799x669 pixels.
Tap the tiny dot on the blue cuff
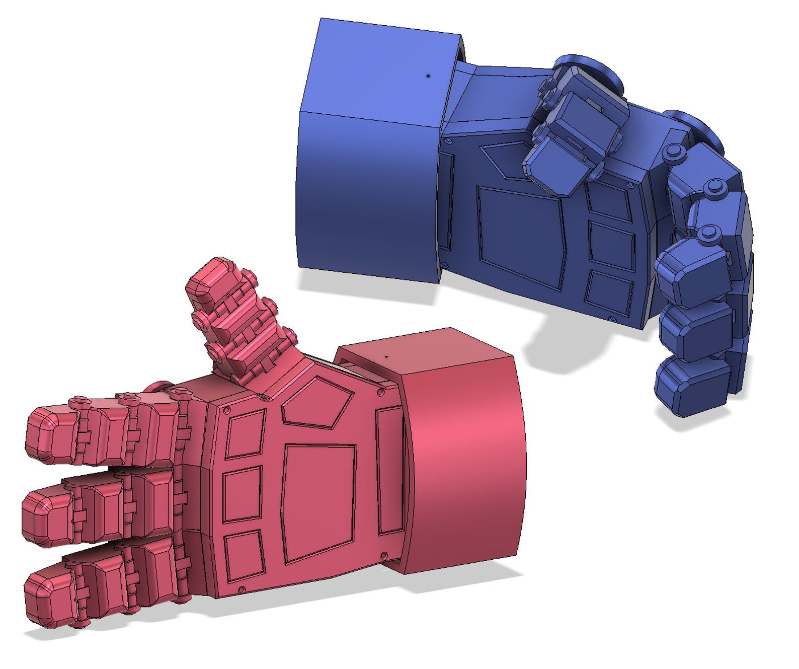428,76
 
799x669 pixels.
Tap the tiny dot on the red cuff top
386,356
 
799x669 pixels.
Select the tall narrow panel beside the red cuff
390,471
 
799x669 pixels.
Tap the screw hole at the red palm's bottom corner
241,589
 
